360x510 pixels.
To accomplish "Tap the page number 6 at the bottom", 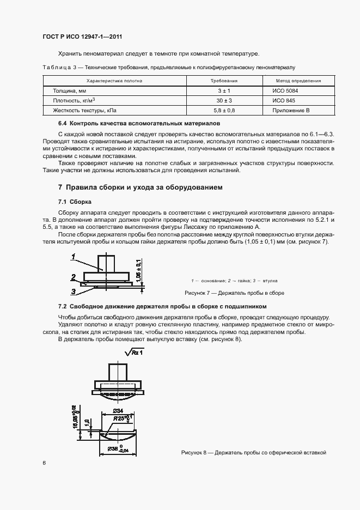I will (44, 463).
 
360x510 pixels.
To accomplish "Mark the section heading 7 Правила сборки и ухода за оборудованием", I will (141, 187).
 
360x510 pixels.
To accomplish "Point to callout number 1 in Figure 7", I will (73, 256).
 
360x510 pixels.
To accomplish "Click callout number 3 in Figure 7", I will (73, 291).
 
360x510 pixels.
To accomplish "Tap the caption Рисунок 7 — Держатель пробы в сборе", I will (235, 293).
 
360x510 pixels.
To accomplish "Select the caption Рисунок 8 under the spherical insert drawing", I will (253, 453).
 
